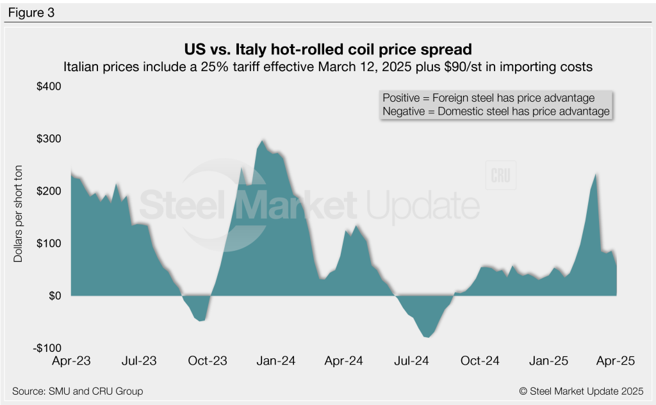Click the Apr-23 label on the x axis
72,361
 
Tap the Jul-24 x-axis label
413,361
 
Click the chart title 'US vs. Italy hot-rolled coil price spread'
327,49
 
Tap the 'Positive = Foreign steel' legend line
488,98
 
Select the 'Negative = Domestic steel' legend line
495,111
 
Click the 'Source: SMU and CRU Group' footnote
78,391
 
